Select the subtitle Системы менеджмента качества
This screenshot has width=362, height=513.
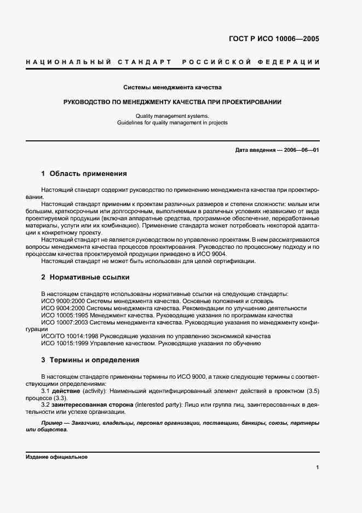(172, 87)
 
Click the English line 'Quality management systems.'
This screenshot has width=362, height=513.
(172, 116)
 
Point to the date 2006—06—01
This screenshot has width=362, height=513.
(300, 150)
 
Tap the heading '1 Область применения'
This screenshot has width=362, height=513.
(84, 174)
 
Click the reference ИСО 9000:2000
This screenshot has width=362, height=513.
(61, 301)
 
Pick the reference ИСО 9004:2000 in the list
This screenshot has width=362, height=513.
(61, 308)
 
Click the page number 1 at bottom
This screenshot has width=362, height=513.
(318, 468)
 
